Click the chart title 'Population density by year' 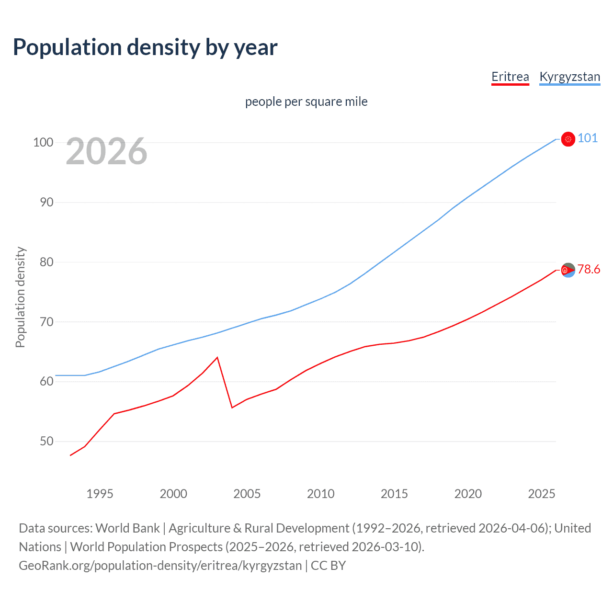pos(145,47)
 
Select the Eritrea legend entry pos(510,77)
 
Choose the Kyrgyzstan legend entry pos(569,77)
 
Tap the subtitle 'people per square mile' pos(306,102)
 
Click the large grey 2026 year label pos(106,151)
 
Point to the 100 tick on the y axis pos(43,143)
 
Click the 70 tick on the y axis pos(46,322)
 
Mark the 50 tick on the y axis pos(46,441)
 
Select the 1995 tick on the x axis pos(100,494)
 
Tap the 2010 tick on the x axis pos(320,494)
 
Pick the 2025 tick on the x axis pos(541,494)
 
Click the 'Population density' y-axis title pos(20,297)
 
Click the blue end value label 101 pos(588,138)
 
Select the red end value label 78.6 pos(589,270)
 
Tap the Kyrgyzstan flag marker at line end pos(568,139)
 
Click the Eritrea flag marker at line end pos(568,271)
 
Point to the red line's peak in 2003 pos(217,357)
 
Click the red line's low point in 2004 pos(232,408)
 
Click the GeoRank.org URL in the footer pos(160,566)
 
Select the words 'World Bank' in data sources pos(127,528)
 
